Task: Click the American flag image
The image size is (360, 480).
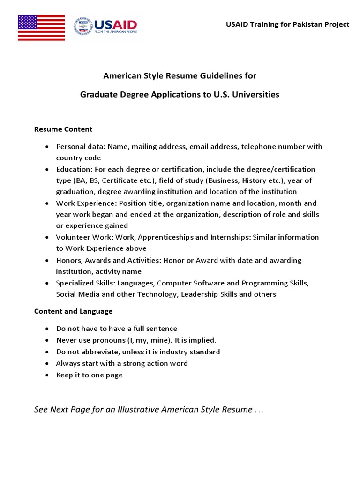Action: pos(41,28)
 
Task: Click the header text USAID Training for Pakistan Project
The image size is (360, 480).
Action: pos(288,24)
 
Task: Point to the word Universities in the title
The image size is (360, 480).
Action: pos(256,94)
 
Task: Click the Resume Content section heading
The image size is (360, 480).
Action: pos(63,129)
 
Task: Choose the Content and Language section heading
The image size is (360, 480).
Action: pos(73,311)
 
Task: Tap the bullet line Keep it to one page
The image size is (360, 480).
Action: pos(89,375)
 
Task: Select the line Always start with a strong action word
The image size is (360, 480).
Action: pos(121,363)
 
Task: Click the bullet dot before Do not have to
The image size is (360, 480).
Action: pos(47,329)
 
